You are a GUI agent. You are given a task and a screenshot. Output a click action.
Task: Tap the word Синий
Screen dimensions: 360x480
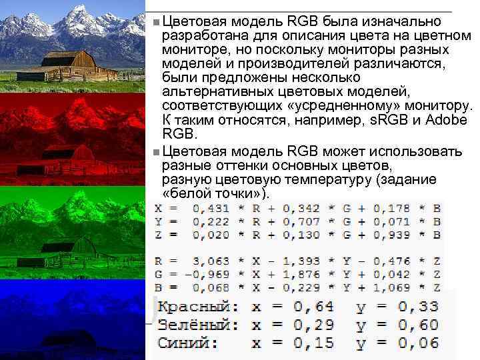click(x=187, y=343)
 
